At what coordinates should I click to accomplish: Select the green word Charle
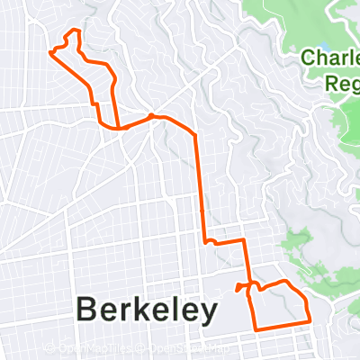tap(331, 58)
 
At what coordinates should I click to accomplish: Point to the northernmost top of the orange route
tap(75, 31)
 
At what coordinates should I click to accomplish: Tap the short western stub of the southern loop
tap(239, 288)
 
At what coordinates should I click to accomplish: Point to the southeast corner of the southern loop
tap(309, 319)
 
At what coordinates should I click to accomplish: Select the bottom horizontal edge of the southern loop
tap(281, 325)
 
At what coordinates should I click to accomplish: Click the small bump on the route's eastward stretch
tap(154, 116)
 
